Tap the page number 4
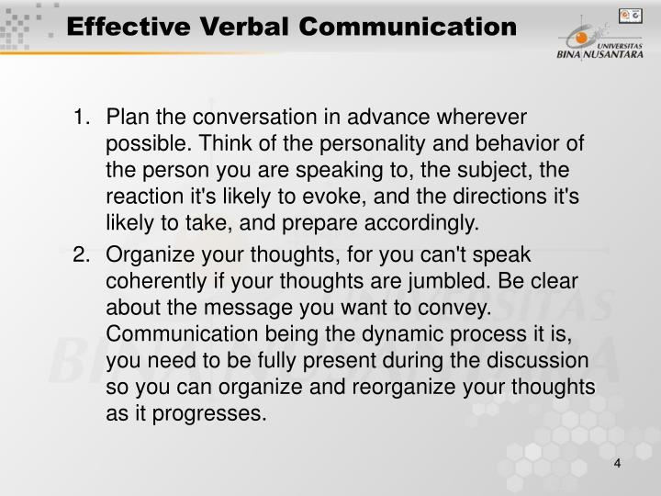[618, 463]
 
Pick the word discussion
[543, 360]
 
